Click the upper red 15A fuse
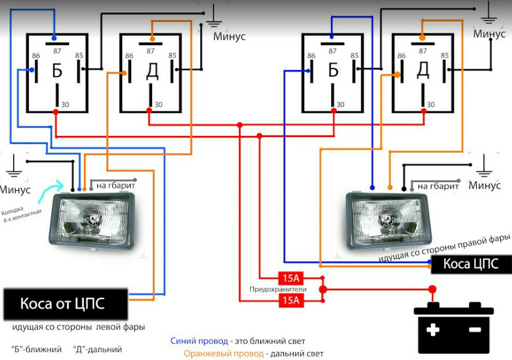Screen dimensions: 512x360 pos(291,278)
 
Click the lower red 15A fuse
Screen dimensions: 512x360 pos(291,300)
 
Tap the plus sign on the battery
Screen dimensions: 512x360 pos(433,329)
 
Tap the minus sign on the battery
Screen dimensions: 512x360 pos(475,329)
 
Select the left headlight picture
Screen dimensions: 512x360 pos(92,221)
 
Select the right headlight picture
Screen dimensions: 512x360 pos(388,220)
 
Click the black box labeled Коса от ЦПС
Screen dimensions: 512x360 pos(66,304)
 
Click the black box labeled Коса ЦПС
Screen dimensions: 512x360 pos(471,264)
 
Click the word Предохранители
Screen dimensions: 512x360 pos(278,289)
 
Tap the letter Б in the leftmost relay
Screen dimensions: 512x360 pos(57,71)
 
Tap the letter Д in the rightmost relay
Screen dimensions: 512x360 pos(423,70)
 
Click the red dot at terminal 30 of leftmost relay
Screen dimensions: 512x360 pos(56,112)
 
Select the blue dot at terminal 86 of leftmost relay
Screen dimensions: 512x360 pos(32,70)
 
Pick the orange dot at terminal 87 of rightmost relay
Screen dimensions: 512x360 pos(422,38)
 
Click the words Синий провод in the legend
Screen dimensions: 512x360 pos(199,342)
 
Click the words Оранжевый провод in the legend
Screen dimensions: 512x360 pos(223,354)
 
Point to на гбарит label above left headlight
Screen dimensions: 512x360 pos(116,185)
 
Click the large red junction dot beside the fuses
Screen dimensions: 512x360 pos(323,289)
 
